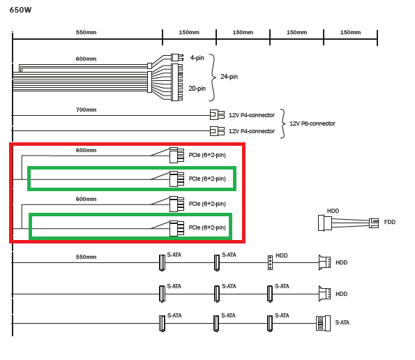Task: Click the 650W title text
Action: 20,10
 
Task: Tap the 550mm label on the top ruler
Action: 86,32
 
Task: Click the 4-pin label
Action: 197,58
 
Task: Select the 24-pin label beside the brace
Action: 229,77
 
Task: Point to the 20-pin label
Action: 197,89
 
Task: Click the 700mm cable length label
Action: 86,110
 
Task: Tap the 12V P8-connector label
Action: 312,123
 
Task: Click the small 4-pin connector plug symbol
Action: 176,57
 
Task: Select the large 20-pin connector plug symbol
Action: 176,82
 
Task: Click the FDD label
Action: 390,222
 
